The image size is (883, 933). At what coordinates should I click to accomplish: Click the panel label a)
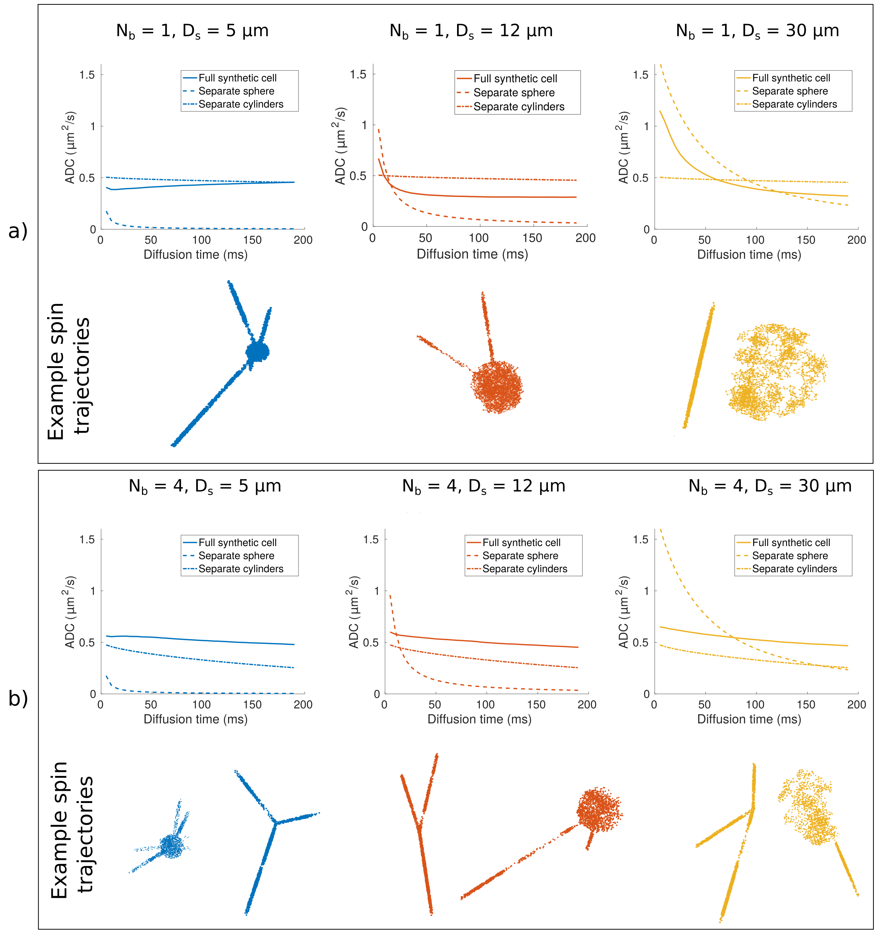[18, 231]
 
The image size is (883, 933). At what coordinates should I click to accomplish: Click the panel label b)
[18, 698]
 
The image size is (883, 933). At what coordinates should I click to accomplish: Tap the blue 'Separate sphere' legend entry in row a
[236, 91]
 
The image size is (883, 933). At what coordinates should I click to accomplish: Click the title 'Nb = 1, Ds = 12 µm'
[471, 31]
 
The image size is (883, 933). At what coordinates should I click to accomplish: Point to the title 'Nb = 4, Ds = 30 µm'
[770, 486]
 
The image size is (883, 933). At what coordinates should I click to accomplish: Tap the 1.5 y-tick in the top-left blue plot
[87, 75]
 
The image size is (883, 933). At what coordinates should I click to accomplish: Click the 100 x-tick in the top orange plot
[479, 238]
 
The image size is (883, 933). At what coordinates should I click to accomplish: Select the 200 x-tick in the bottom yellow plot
[856, 704]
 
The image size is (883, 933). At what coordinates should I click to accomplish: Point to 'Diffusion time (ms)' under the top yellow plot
[749, 255]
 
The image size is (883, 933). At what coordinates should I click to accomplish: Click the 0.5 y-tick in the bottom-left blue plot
[87, 643]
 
